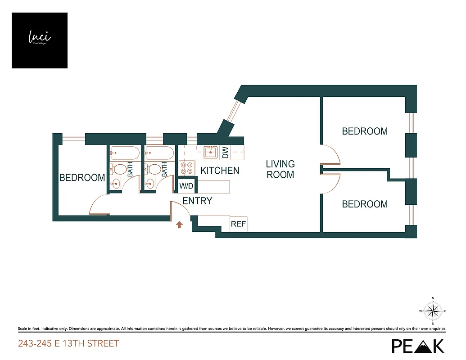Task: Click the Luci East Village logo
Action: [x=40, y=40]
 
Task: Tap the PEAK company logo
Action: [x=417, y=345]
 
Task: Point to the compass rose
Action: [x=433, y=311]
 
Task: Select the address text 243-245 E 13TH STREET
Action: [x=68, y=344]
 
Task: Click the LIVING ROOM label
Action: [x=280, y=169]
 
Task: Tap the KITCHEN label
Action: [x=220, y=171]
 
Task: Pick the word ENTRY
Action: [x=197, y=201]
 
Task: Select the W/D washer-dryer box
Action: [x=186, y=186]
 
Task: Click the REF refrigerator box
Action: [x=238, y=224]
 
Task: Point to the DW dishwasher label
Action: [x=226, y=153]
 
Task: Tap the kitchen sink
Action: [x=210, y=153]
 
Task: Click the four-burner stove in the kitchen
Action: [x=185, y=168]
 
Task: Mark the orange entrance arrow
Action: [x=179, y=224]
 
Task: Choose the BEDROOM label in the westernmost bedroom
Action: [x=82, y=178]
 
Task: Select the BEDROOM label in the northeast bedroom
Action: [x=365, y=131]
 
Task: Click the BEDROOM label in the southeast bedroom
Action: [x=365, y=204]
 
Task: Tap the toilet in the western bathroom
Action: [x=119, y=170]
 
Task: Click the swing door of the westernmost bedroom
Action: [x=99, y=206]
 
